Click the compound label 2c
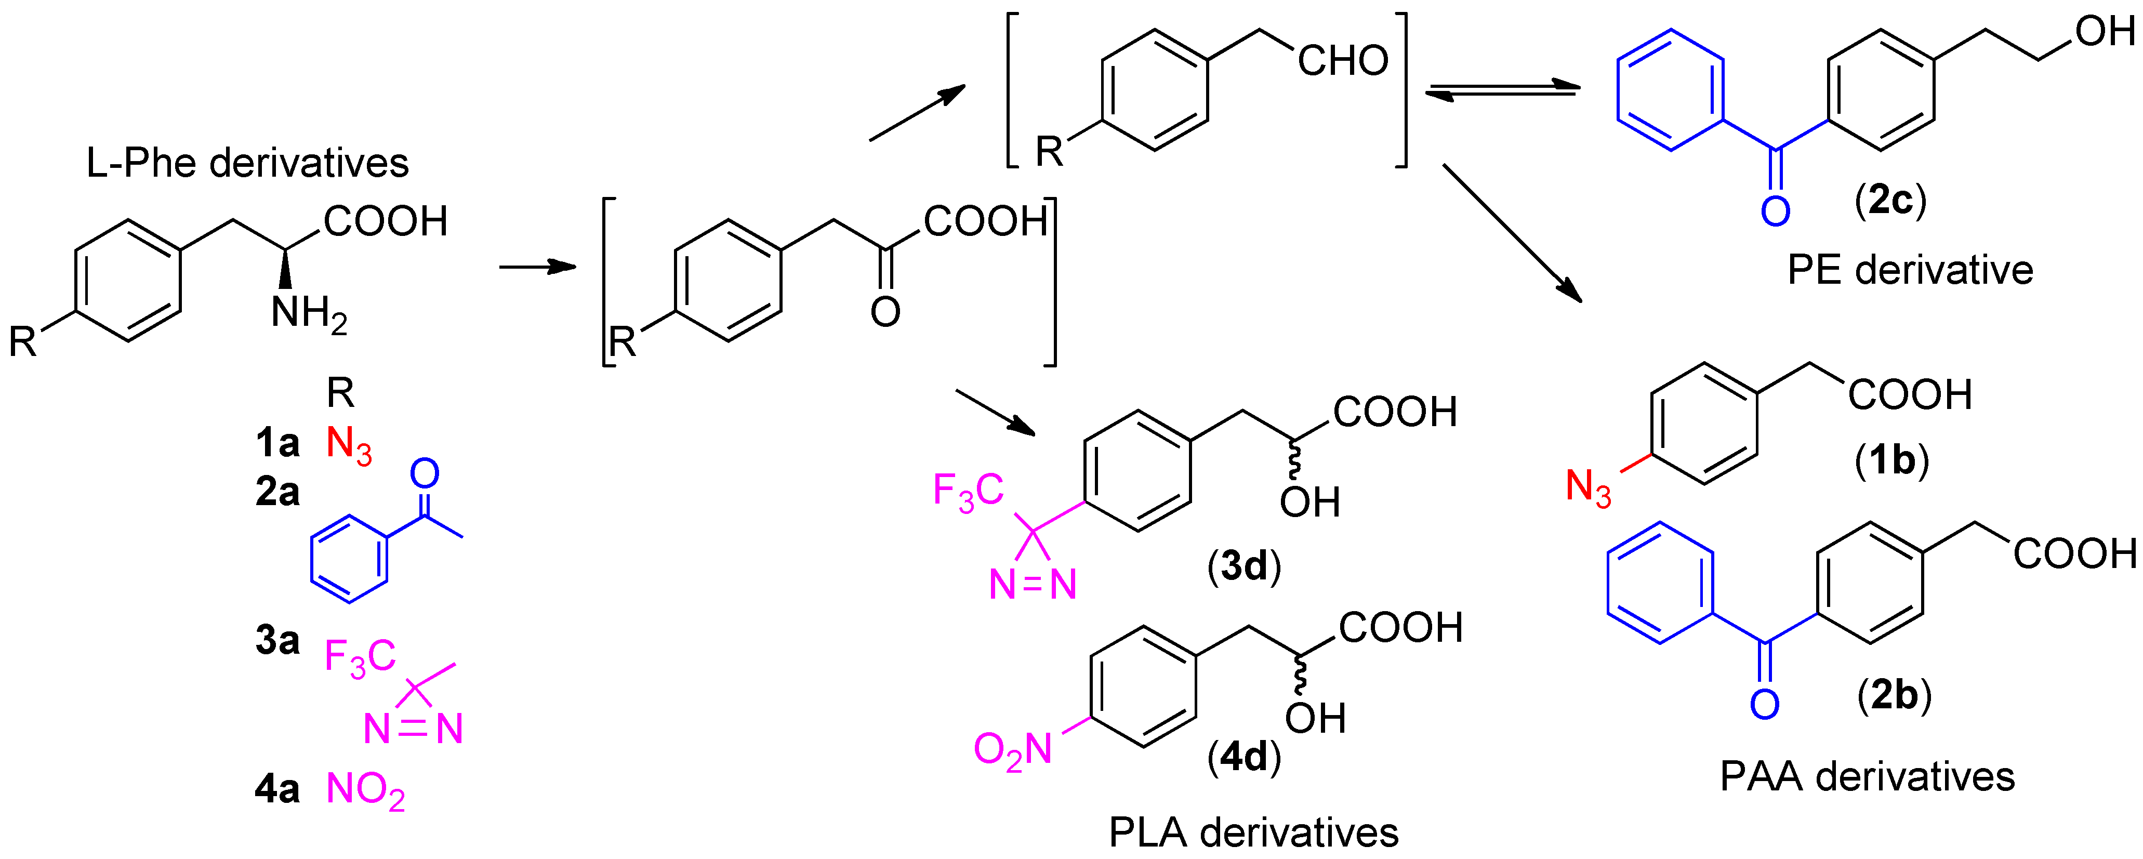pyautogui.click(x=1890, y=201)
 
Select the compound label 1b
pyautogui.click(x=1892, y=460)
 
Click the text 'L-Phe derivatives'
pyautogui.click(x=247, y=163)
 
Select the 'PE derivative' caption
pyautogui.click(x=1910, y=270)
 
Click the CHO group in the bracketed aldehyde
pyautogui.click(x=1343, y=61)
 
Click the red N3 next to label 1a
pyautogui.click(x=349, y=445)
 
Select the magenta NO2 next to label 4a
pyautogui.click(x=365, y=790)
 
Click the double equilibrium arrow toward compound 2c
pyautogui.click(x=1502, y=90)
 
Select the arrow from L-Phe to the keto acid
pyautogui.click(x=537, y=267)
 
